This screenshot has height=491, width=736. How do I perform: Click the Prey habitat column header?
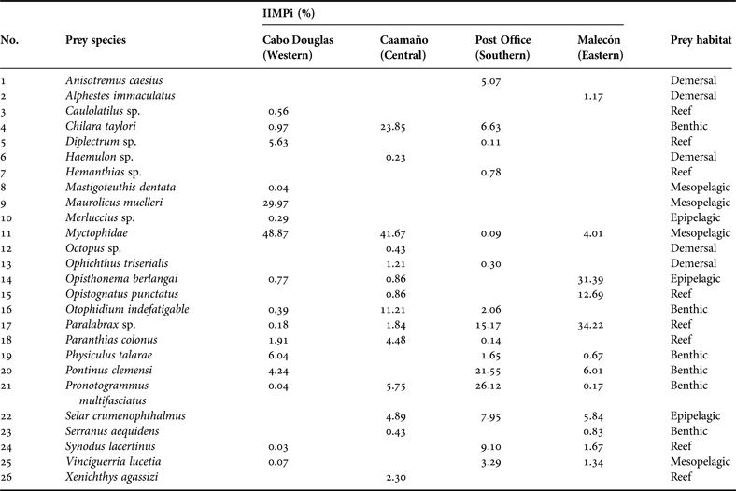tap(701, 41)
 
